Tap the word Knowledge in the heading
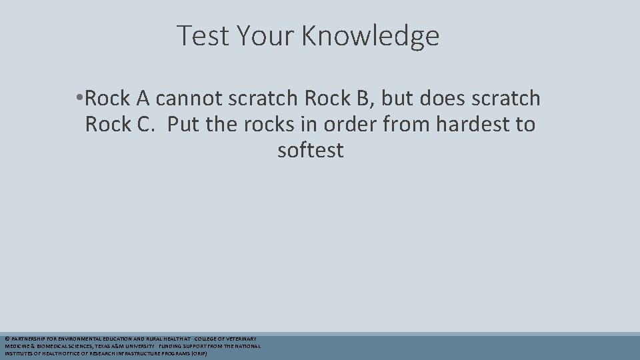pos(370,37)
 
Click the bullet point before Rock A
pos(79,99)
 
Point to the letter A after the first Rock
pos(143,99)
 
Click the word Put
pos(183,125)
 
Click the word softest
pos(310,151)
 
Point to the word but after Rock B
pos(398,99)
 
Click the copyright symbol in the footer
pos(7,339)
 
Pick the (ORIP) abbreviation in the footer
pos(198,354)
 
